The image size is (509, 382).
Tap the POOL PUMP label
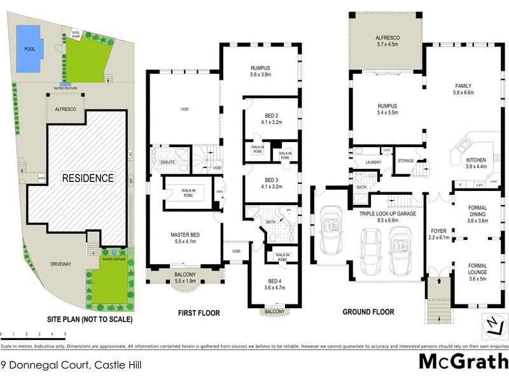pos(76,34)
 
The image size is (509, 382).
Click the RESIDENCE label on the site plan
pos(88,178)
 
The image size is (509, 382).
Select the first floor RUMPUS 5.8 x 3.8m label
pos(260,69)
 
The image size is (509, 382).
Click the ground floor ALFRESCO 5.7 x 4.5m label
pos(386,41)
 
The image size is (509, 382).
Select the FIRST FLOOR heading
pos(199,313)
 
